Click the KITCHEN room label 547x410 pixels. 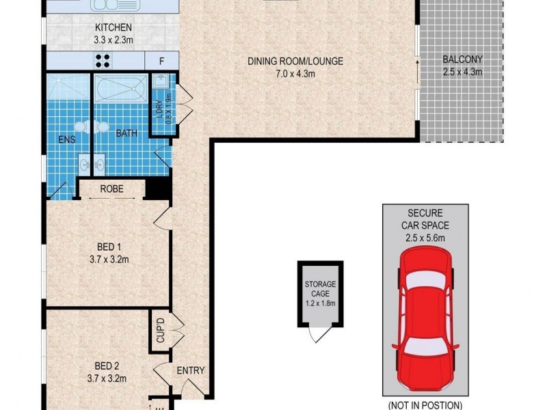pyautogui.click(x=113, y=27)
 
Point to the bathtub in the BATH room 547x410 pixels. pyautogui.click(x=120, y=90)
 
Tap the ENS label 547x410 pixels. pyautogui.click(x=66, y=140)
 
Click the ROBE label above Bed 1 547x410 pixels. pyautogui.click(x=111, y=189)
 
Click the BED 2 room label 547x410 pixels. pyautogui.click(x=106, y=365)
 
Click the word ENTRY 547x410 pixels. pyautogui.click(x=191, y=370)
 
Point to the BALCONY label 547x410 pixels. pyautogui.click(x=464, y=59)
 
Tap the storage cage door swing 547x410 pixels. pyautogui.click(x=317, y=333)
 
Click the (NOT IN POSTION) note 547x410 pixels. pyautogui.click(x=425, y=405)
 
